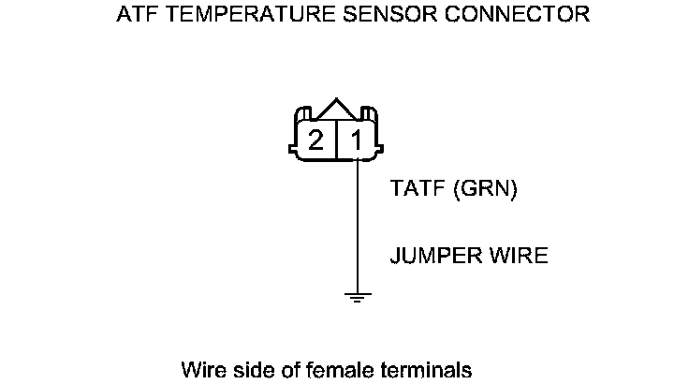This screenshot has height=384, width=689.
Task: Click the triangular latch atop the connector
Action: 336,110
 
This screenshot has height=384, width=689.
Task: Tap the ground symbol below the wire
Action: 358,298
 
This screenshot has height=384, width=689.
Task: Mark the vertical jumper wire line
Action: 358,225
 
